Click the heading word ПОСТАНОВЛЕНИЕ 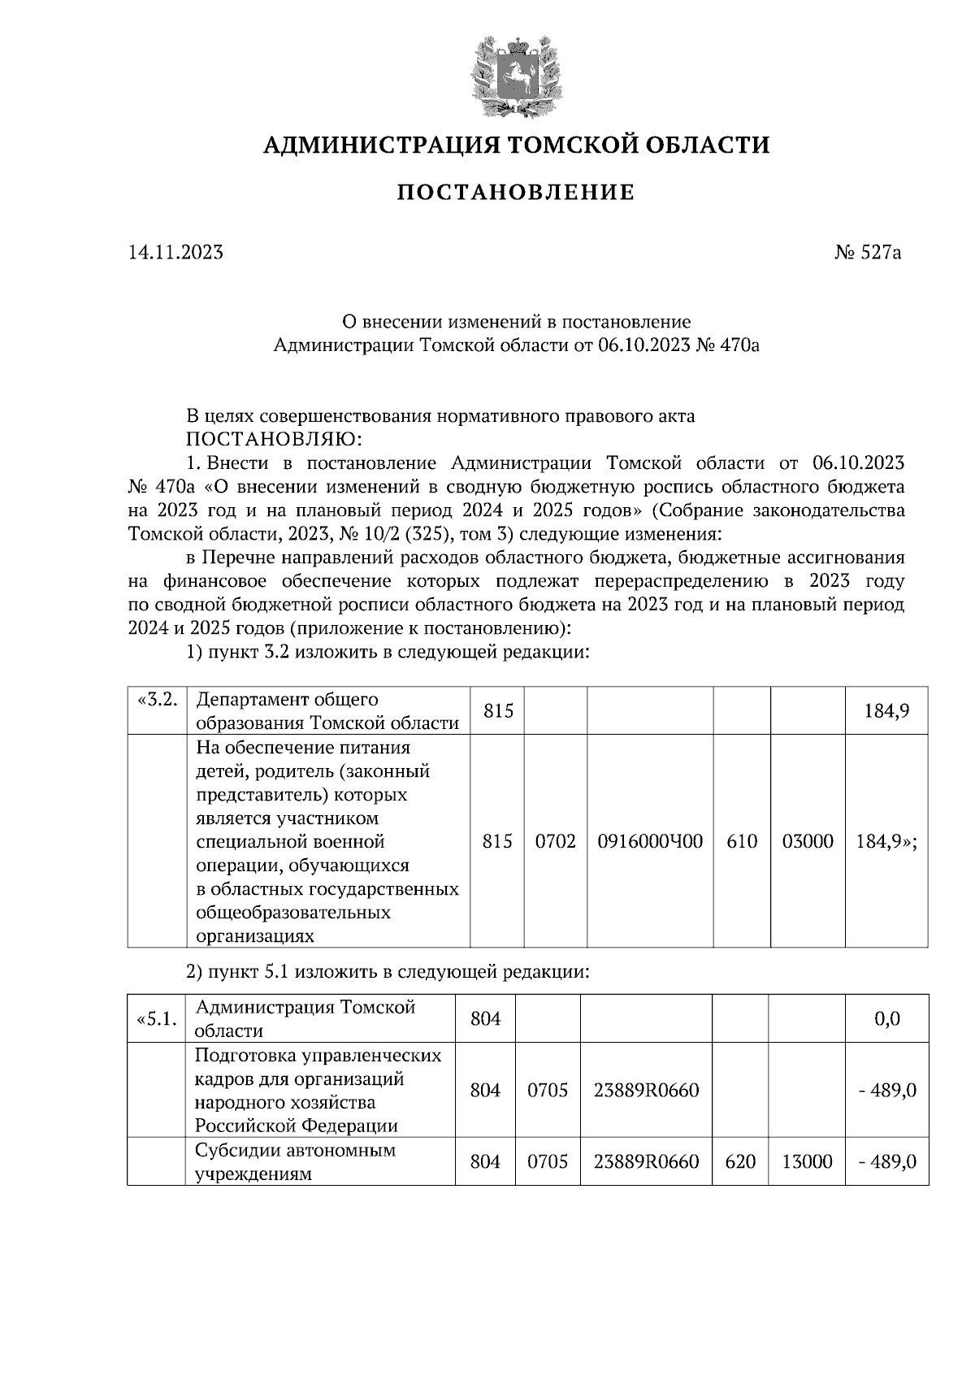pos(514,193)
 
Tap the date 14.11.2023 pos(175,253)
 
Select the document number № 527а pos(868,253)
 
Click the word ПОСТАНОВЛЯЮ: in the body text pos(273,440)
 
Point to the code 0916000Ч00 pos(650,841)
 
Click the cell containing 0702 pos(555,841)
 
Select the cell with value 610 pos(741,841)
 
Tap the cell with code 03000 pos(807,841)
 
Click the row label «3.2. pos(158,701)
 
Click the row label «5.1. pos(158,1019)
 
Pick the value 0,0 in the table pos(886,1019)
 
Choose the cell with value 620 pos(739,1162)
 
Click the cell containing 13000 pos(806,1162)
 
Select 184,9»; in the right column pos(886,841)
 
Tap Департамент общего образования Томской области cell pos(327,711)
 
